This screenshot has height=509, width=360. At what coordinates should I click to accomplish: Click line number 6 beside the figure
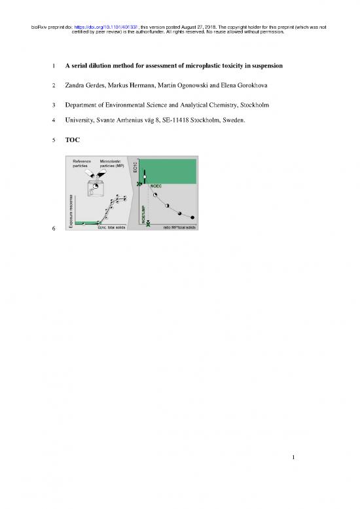pos(55,229)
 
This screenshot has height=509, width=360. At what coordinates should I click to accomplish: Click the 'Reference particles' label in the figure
pos(82,164)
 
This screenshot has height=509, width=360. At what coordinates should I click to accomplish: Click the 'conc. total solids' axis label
pos(112,228)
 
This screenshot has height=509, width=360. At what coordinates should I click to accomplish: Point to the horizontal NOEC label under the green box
pos(156,186)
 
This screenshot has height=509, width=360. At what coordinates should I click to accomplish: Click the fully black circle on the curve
pos(192,217)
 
